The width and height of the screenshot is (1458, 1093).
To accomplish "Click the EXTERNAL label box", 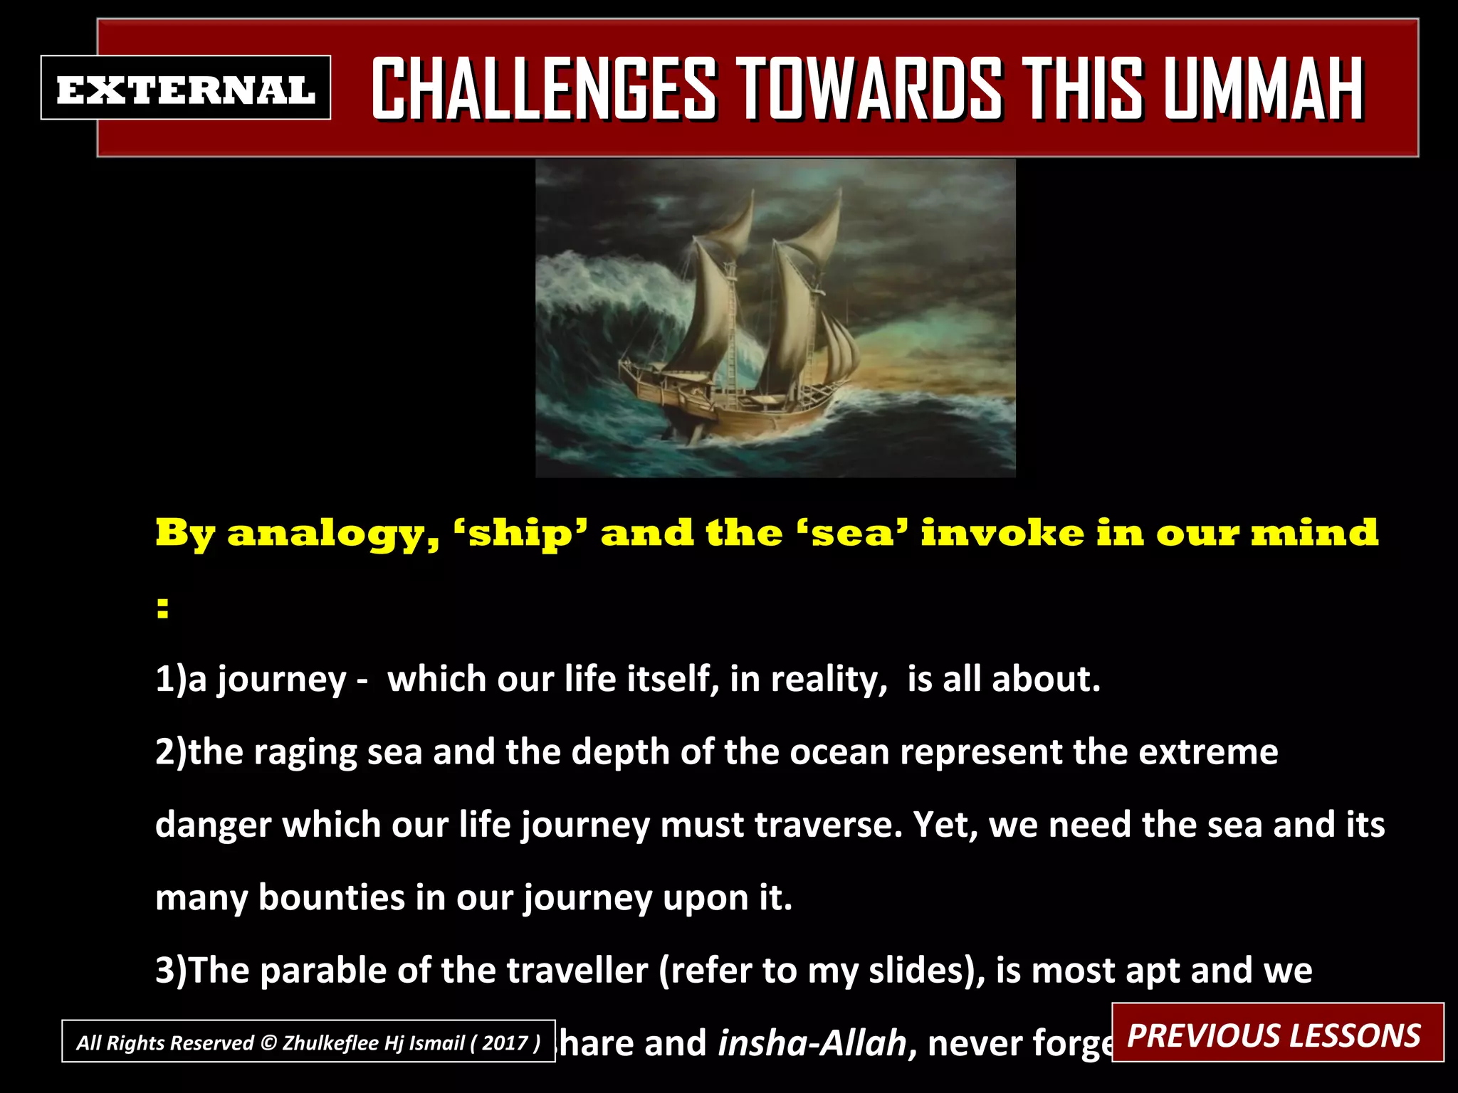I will pyautogui.click(x=185, y=88).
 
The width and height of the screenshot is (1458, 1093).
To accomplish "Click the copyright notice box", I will pyautogui.click(x=308, y=1042).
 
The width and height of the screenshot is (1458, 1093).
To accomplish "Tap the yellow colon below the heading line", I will pyautogui.click(x=163, y=608).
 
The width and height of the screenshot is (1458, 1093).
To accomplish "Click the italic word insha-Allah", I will pyautogui.click(x=812, y=1043).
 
